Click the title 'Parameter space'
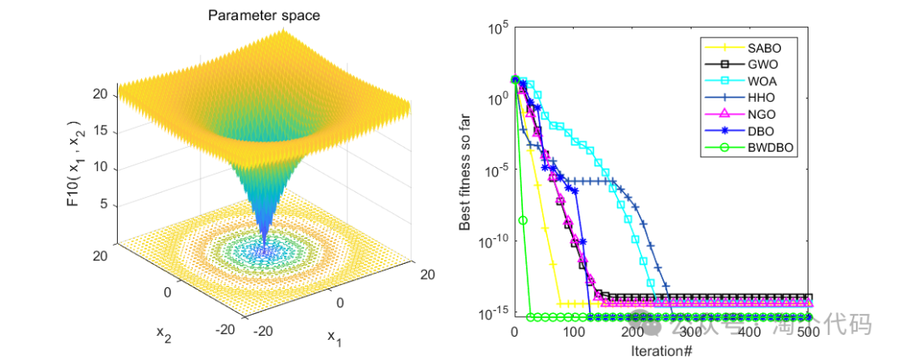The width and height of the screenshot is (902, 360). (x=263, y=15)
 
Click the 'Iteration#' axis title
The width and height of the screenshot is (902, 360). (x=661, y=351)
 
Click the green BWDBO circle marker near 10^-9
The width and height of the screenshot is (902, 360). (x=524, y=221)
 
